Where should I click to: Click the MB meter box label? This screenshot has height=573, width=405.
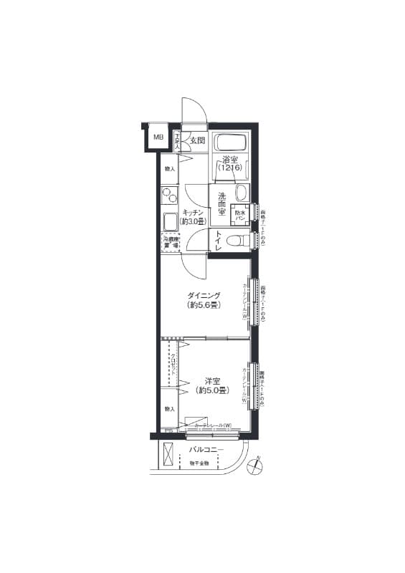pos(157,136)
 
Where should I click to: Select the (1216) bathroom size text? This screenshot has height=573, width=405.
pos(230,168)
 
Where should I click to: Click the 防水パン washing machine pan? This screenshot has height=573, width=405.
pos(239,213)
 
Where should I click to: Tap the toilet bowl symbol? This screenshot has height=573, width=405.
pos(234,241)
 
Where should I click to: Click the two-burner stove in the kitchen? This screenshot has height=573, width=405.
pos(169,196)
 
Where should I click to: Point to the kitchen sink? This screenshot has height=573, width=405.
pos(170,221)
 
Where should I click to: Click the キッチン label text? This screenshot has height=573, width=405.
pos(194,213)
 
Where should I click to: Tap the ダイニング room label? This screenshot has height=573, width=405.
pos(204,295)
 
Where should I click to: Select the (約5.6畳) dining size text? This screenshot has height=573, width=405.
pos(204,305)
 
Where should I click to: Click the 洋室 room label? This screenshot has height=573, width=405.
pos(211,381)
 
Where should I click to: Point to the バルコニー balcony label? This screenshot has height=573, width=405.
pos(206,450)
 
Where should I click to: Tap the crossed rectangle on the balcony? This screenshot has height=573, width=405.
pos(168,454)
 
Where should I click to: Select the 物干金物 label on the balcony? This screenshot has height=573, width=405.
pos(199,463)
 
